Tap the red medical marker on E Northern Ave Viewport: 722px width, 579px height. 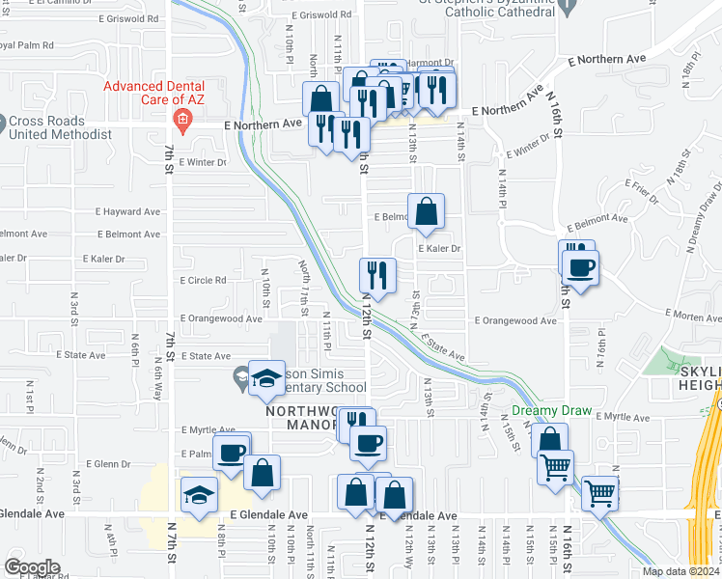181,122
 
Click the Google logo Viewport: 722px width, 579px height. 32,566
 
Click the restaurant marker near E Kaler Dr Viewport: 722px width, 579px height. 376,276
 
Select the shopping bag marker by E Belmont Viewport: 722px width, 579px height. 426,211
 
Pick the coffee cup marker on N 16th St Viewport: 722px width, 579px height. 580,266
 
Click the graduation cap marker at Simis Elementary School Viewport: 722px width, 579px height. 265,377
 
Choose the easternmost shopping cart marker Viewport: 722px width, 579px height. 599,493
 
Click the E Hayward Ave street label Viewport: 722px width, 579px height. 128,211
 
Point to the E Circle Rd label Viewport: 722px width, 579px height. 203,281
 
